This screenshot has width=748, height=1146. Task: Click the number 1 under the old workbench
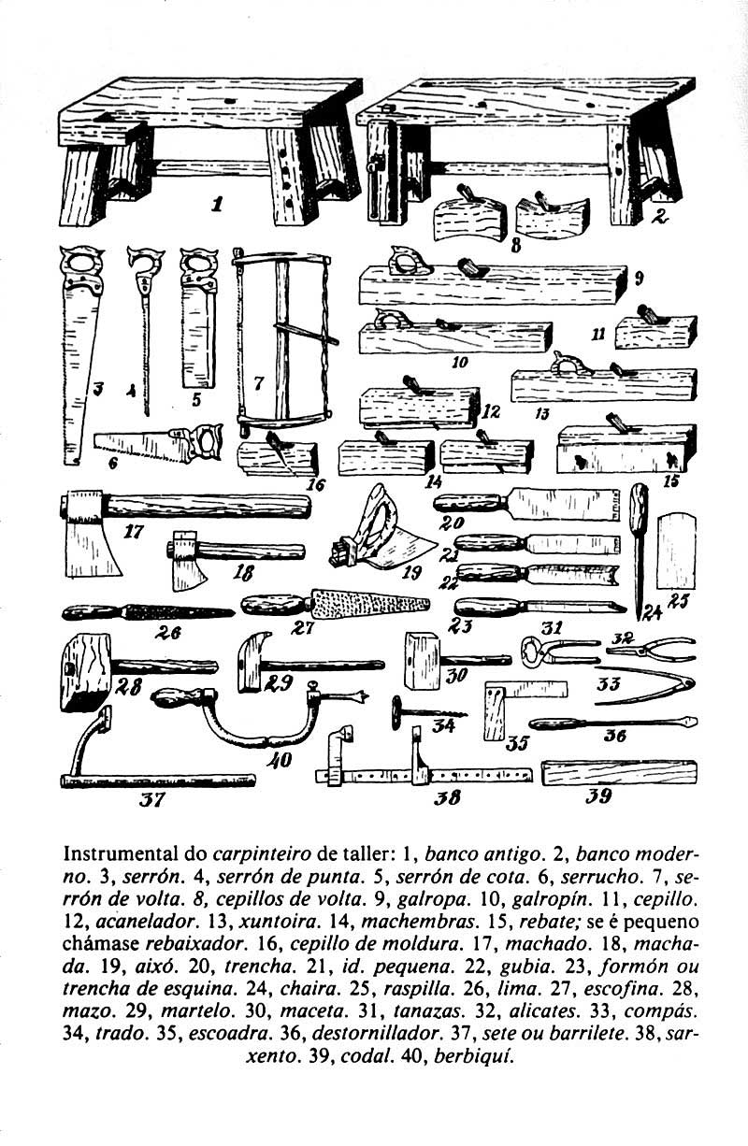tap(217, 202)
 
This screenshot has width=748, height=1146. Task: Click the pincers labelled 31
tap(558, 648)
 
